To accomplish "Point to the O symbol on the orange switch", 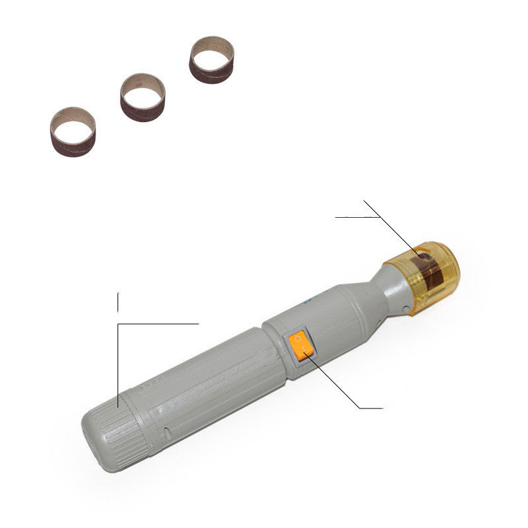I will pos(298,339).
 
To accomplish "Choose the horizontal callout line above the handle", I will pos(158,324).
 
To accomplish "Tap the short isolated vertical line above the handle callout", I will pos(118,301).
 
